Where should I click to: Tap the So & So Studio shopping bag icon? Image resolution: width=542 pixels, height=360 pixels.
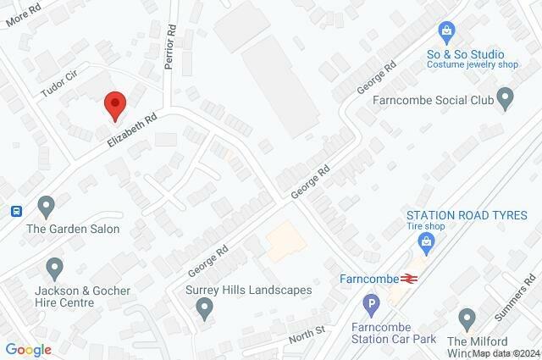(446, 32)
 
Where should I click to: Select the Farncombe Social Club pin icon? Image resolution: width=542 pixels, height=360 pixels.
(506, 99)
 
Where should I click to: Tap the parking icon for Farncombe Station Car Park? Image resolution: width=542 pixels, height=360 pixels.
(370, 303)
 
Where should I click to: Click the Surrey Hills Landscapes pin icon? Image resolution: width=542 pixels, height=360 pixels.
(204, 310)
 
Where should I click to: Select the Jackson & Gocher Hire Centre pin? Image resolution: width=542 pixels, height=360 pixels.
(56, 269)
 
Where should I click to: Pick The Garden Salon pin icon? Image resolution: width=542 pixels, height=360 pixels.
(46, 206)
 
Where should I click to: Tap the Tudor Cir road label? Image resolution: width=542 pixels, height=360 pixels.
(58, 85)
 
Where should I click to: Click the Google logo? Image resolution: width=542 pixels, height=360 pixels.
(28, 349)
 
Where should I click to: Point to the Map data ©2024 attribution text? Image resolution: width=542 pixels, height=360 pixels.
(506, 354)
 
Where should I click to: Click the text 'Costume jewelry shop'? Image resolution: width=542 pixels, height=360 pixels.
(472, 64)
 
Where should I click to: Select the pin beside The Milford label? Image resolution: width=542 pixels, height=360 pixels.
(467, 319)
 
